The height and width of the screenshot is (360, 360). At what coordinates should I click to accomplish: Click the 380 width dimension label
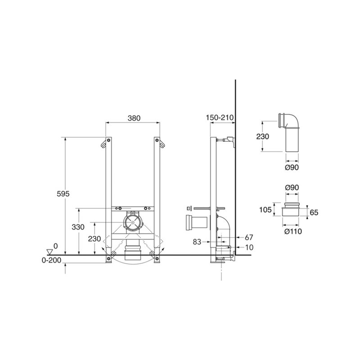point(134,118)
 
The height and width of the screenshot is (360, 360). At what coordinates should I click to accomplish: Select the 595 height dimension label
point(63,194)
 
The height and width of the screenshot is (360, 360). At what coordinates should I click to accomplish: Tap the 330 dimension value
point(78,227)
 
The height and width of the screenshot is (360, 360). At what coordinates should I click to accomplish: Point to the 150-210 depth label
point(220,117)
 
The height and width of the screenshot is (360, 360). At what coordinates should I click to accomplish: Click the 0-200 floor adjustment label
point(51,260)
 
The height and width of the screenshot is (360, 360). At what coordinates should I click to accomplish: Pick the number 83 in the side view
point(197,242)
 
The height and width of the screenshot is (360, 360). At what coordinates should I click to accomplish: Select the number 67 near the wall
point(249,237)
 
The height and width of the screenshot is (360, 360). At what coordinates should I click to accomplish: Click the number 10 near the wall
point(249,247)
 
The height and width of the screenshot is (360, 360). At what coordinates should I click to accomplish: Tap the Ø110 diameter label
point(293,231)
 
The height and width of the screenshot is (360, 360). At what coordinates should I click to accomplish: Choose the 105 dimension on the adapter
point(265,210)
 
